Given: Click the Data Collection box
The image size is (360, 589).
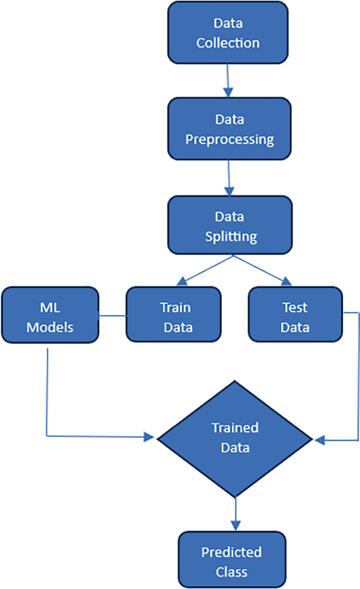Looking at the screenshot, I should [x=228, y=32].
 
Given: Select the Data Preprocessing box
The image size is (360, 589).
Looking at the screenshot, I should [x=229, y=129].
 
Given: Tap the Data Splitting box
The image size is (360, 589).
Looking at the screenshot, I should [x=229, y=226].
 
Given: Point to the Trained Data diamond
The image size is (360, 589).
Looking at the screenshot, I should [x=235, y=438].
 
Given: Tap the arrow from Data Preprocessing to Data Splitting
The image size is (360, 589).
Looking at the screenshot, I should [x=229, y=177].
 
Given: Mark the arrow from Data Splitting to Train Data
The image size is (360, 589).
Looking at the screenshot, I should [x=205, y=269].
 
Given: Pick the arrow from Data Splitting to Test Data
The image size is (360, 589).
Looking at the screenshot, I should [x=260, y=269].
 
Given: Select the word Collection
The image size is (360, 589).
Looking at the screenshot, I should [x=228, y=43].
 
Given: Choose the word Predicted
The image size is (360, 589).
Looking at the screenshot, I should [x=231, y=552].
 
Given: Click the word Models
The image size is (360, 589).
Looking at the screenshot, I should [x=50, y=327].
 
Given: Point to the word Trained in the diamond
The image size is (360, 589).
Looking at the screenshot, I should [x=235, y=428].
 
